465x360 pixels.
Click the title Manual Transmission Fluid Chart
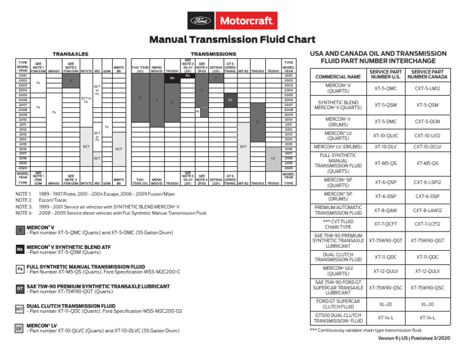point(232,40)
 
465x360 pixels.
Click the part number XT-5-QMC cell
point(386,88)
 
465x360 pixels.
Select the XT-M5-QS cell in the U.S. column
point(386,163)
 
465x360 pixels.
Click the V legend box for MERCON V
point(19,231)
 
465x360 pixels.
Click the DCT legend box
point(19,308)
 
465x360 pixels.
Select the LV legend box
point(19,328)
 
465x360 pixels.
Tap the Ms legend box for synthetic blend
point(19,250)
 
